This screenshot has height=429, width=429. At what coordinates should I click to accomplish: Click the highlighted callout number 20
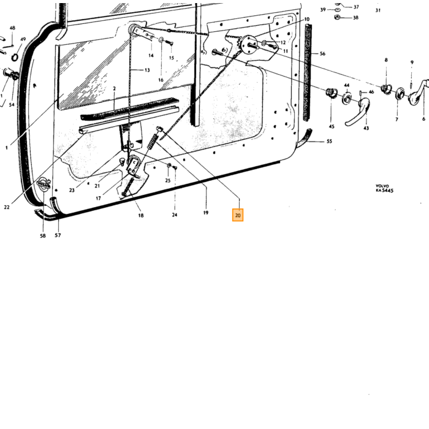pyautogui.click(x=238, y=215)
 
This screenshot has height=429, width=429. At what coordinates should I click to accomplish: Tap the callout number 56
pyautogui.click(x=322, y=54)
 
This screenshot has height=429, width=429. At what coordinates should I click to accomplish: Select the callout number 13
pyautogui.click(x=147, y=70)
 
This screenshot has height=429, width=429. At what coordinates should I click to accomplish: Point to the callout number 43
pyautogui.click(x=366, y=127)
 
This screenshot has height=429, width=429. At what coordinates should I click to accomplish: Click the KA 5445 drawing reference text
pyautogui.click(x=385, y=190)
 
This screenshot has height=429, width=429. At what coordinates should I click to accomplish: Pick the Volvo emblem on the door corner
pyautogui.click(x=44, y=184)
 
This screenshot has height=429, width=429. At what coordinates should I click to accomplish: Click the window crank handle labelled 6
pyautogui.click(x=419, y=92)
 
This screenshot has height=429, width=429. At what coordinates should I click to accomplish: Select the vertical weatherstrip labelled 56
pyautogui.click(x=308, y=72)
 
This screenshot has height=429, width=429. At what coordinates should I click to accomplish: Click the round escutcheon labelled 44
pyautogui.click(x=347, y=99)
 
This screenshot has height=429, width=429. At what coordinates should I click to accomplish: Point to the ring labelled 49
pyautogui.click(x=15, y=57)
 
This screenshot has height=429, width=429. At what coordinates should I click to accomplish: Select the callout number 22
pyautogui.click(x=7, y=207)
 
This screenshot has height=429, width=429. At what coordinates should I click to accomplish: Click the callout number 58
pyautogui.click(x=43, y=235)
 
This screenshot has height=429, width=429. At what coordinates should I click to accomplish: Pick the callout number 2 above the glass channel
pyautogui.click(x=115, y=88)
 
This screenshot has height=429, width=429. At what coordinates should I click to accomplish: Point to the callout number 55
pyautogui.click(x=329, y=141)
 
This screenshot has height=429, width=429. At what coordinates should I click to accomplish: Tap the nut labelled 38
pyautogui.click(x=337, y=17)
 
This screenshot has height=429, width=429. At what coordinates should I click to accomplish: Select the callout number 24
pyautogui.click(x=175, y=214)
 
